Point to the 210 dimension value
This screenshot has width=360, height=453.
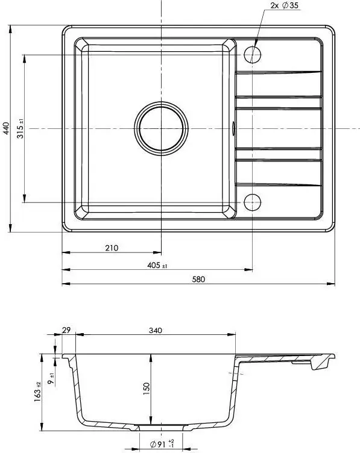click(112, 248)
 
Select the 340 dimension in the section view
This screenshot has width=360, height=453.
click(156, 330)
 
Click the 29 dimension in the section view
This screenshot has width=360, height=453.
click(66, 330)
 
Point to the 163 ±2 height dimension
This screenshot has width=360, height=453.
click(37, 392)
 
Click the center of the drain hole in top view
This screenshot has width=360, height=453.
click(162, 128)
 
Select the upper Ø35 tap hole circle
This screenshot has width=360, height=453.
click(253, 55)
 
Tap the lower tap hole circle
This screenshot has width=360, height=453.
click(253, 202)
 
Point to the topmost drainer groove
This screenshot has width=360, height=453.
click(277, 74)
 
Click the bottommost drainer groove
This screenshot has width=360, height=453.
click(277, 183)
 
